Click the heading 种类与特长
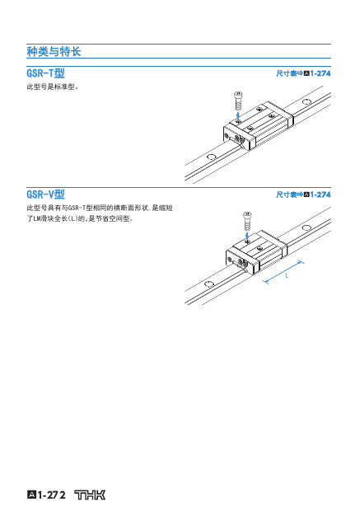54,51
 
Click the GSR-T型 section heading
45,73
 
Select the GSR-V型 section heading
45,195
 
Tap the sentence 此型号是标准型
52,87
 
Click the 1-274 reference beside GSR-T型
320,73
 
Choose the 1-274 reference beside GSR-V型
320,195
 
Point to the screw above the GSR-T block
238,101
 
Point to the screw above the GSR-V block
247,221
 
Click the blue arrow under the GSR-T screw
238,115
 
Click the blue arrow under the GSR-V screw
247,236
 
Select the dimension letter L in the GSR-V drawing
287,276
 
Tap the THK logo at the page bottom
90,495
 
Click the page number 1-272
51,495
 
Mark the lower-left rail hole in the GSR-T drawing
211,157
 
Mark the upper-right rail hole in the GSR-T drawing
306,102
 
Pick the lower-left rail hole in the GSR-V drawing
209,284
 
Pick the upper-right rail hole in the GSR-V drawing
306,227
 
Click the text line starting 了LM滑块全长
80,218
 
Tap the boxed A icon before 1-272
31,495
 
